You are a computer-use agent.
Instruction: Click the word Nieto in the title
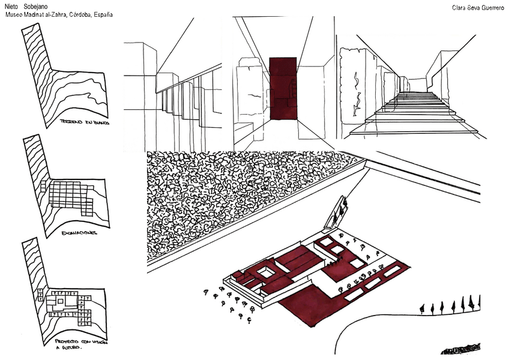coord(12,5)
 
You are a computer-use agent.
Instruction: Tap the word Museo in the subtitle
coord(15,14)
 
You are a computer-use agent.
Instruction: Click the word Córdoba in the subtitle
coord(78,14)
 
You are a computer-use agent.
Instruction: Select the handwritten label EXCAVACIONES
coord(80,232)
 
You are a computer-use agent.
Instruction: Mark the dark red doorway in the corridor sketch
coord(282,88)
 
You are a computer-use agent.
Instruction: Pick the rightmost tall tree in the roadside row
coord(478,303)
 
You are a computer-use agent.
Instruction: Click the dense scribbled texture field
coord(240,198)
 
